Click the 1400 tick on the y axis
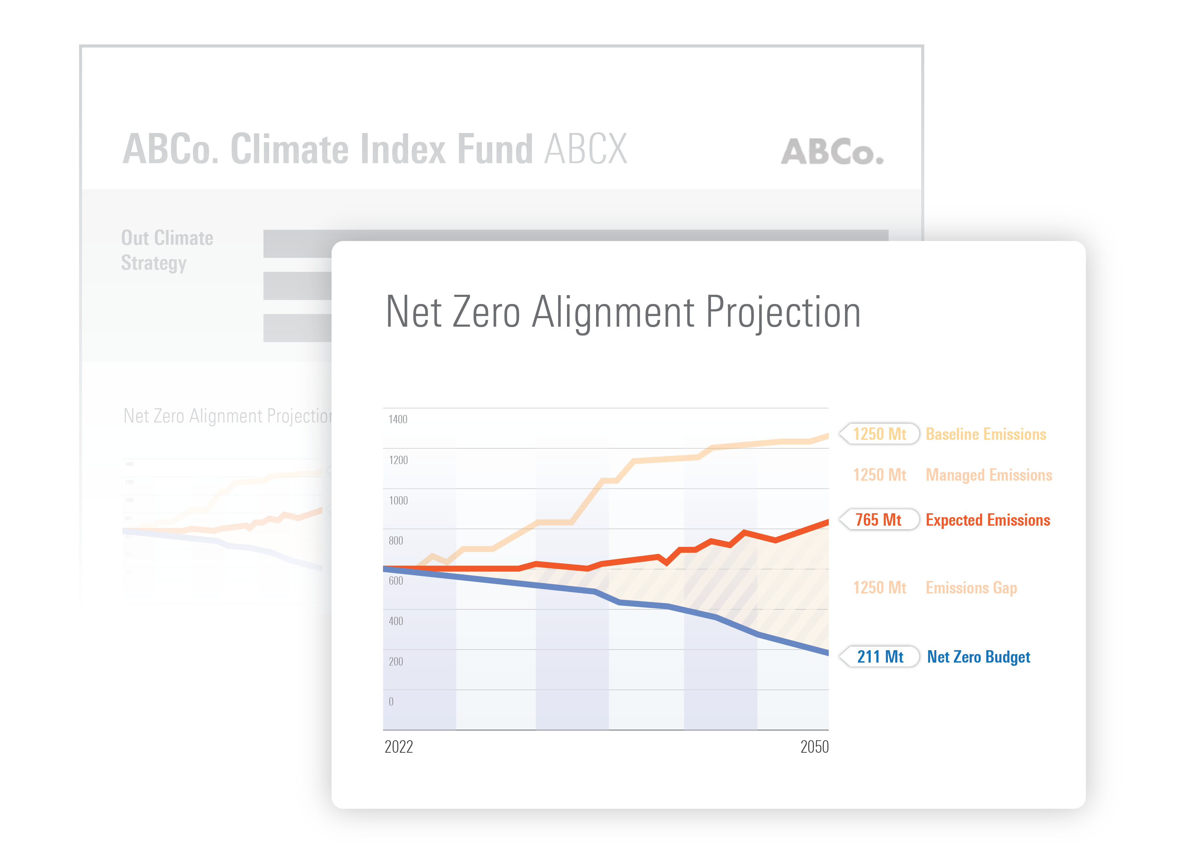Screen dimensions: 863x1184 pos(398,419)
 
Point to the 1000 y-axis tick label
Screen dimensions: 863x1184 pos(398,500)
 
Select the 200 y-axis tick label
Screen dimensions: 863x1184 pos(396,662)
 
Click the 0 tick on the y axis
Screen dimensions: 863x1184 pos(391,702)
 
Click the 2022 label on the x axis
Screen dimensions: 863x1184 pos(399,747)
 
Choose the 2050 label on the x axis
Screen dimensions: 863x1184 pos(814,747)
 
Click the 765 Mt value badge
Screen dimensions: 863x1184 pos(879,520)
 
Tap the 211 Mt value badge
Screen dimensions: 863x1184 pos(880,657)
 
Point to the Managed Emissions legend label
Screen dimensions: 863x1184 pos(989,475)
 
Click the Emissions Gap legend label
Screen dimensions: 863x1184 pos(971,588)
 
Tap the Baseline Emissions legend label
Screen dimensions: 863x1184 pos(985,434)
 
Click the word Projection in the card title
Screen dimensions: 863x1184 pos(783,312)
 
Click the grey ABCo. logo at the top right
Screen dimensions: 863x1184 pos(832,151)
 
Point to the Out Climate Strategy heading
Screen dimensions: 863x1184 pos(167,250)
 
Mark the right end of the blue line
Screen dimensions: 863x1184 pos(827,652)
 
